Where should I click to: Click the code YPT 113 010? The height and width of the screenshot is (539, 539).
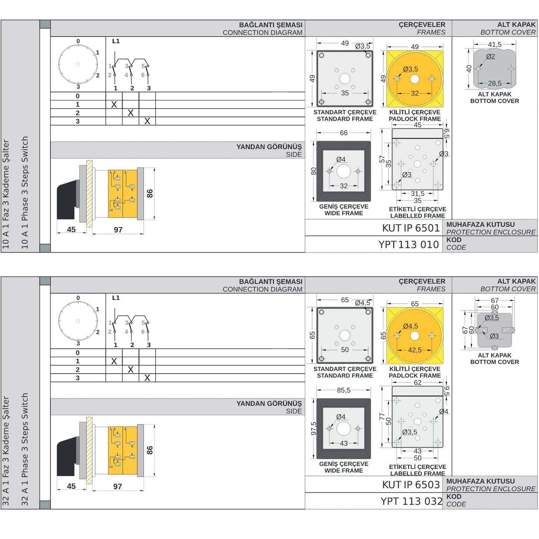click(408, 244)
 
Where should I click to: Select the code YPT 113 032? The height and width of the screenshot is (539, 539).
click(411, 501)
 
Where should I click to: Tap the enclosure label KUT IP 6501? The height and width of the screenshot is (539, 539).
click(411, 228)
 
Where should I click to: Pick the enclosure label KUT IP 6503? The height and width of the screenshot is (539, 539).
click(411, 485)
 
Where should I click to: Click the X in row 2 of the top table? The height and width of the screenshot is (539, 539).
click(131, 113)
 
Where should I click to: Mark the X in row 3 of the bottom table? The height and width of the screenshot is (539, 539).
click(147, 378)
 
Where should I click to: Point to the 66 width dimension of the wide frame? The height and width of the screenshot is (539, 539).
click(344, 133)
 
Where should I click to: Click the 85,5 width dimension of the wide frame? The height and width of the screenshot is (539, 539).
click(344, 390)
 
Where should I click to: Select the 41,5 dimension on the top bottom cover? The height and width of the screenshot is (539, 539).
click(495, 44)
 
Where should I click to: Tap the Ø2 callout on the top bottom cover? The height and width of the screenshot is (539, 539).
click(491, 57)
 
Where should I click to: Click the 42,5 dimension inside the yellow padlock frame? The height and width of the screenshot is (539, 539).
click(415, 350)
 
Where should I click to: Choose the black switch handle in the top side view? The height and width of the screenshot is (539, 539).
click(67, 200)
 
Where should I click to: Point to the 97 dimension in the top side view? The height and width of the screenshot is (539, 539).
click(118, 230)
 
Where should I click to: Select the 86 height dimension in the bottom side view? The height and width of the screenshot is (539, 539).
click(150, 450)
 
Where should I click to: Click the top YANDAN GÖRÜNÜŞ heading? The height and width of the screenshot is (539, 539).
click(269, 147)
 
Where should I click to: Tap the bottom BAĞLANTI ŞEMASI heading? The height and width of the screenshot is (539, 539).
click(270, 282)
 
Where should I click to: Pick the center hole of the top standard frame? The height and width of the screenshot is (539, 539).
click(345, 79)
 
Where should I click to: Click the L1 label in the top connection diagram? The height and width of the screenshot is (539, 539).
click(116, 41)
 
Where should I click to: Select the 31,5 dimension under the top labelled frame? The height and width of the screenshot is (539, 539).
click(417, 194)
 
